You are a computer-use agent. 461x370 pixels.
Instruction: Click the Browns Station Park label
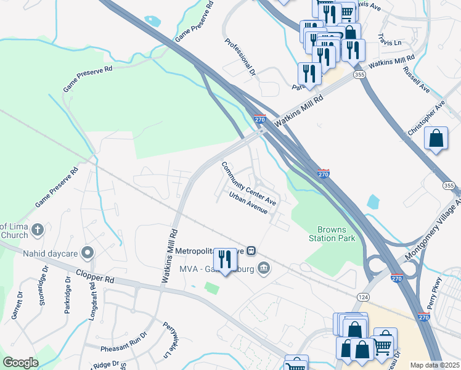coord(332,234)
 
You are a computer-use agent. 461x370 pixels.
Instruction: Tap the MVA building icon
coord(264,267)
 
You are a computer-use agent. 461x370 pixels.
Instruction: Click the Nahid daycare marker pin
coord(88,252)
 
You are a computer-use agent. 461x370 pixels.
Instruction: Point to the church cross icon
coord(37,229)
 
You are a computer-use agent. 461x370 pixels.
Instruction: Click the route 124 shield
coord(362,297)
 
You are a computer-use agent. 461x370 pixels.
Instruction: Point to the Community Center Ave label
coord(248,183)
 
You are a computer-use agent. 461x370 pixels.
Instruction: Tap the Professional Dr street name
coord(240,57)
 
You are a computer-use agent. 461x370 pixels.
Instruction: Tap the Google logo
coord(20,363)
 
